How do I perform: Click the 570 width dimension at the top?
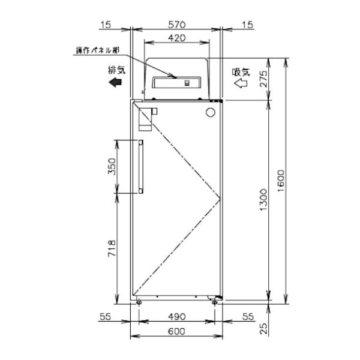click(x=176, y=25)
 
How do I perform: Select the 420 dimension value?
click(x=176, y=38)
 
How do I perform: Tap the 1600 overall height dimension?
click(x=281, y=181)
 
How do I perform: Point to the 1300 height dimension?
click(x=263, y=200)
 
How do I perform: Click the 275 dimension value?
click(x=264, y=79)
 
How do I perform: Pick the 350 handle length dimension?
click(x=112, y=166)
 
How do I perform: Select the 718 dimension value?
click(x=112, y=248)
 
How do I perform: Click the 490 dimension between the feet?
click(x=176, y=317)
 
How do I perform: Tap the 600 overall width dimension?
click(x=176, y=332)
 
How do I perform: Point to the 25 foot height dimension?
click(x=264, y=328)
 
